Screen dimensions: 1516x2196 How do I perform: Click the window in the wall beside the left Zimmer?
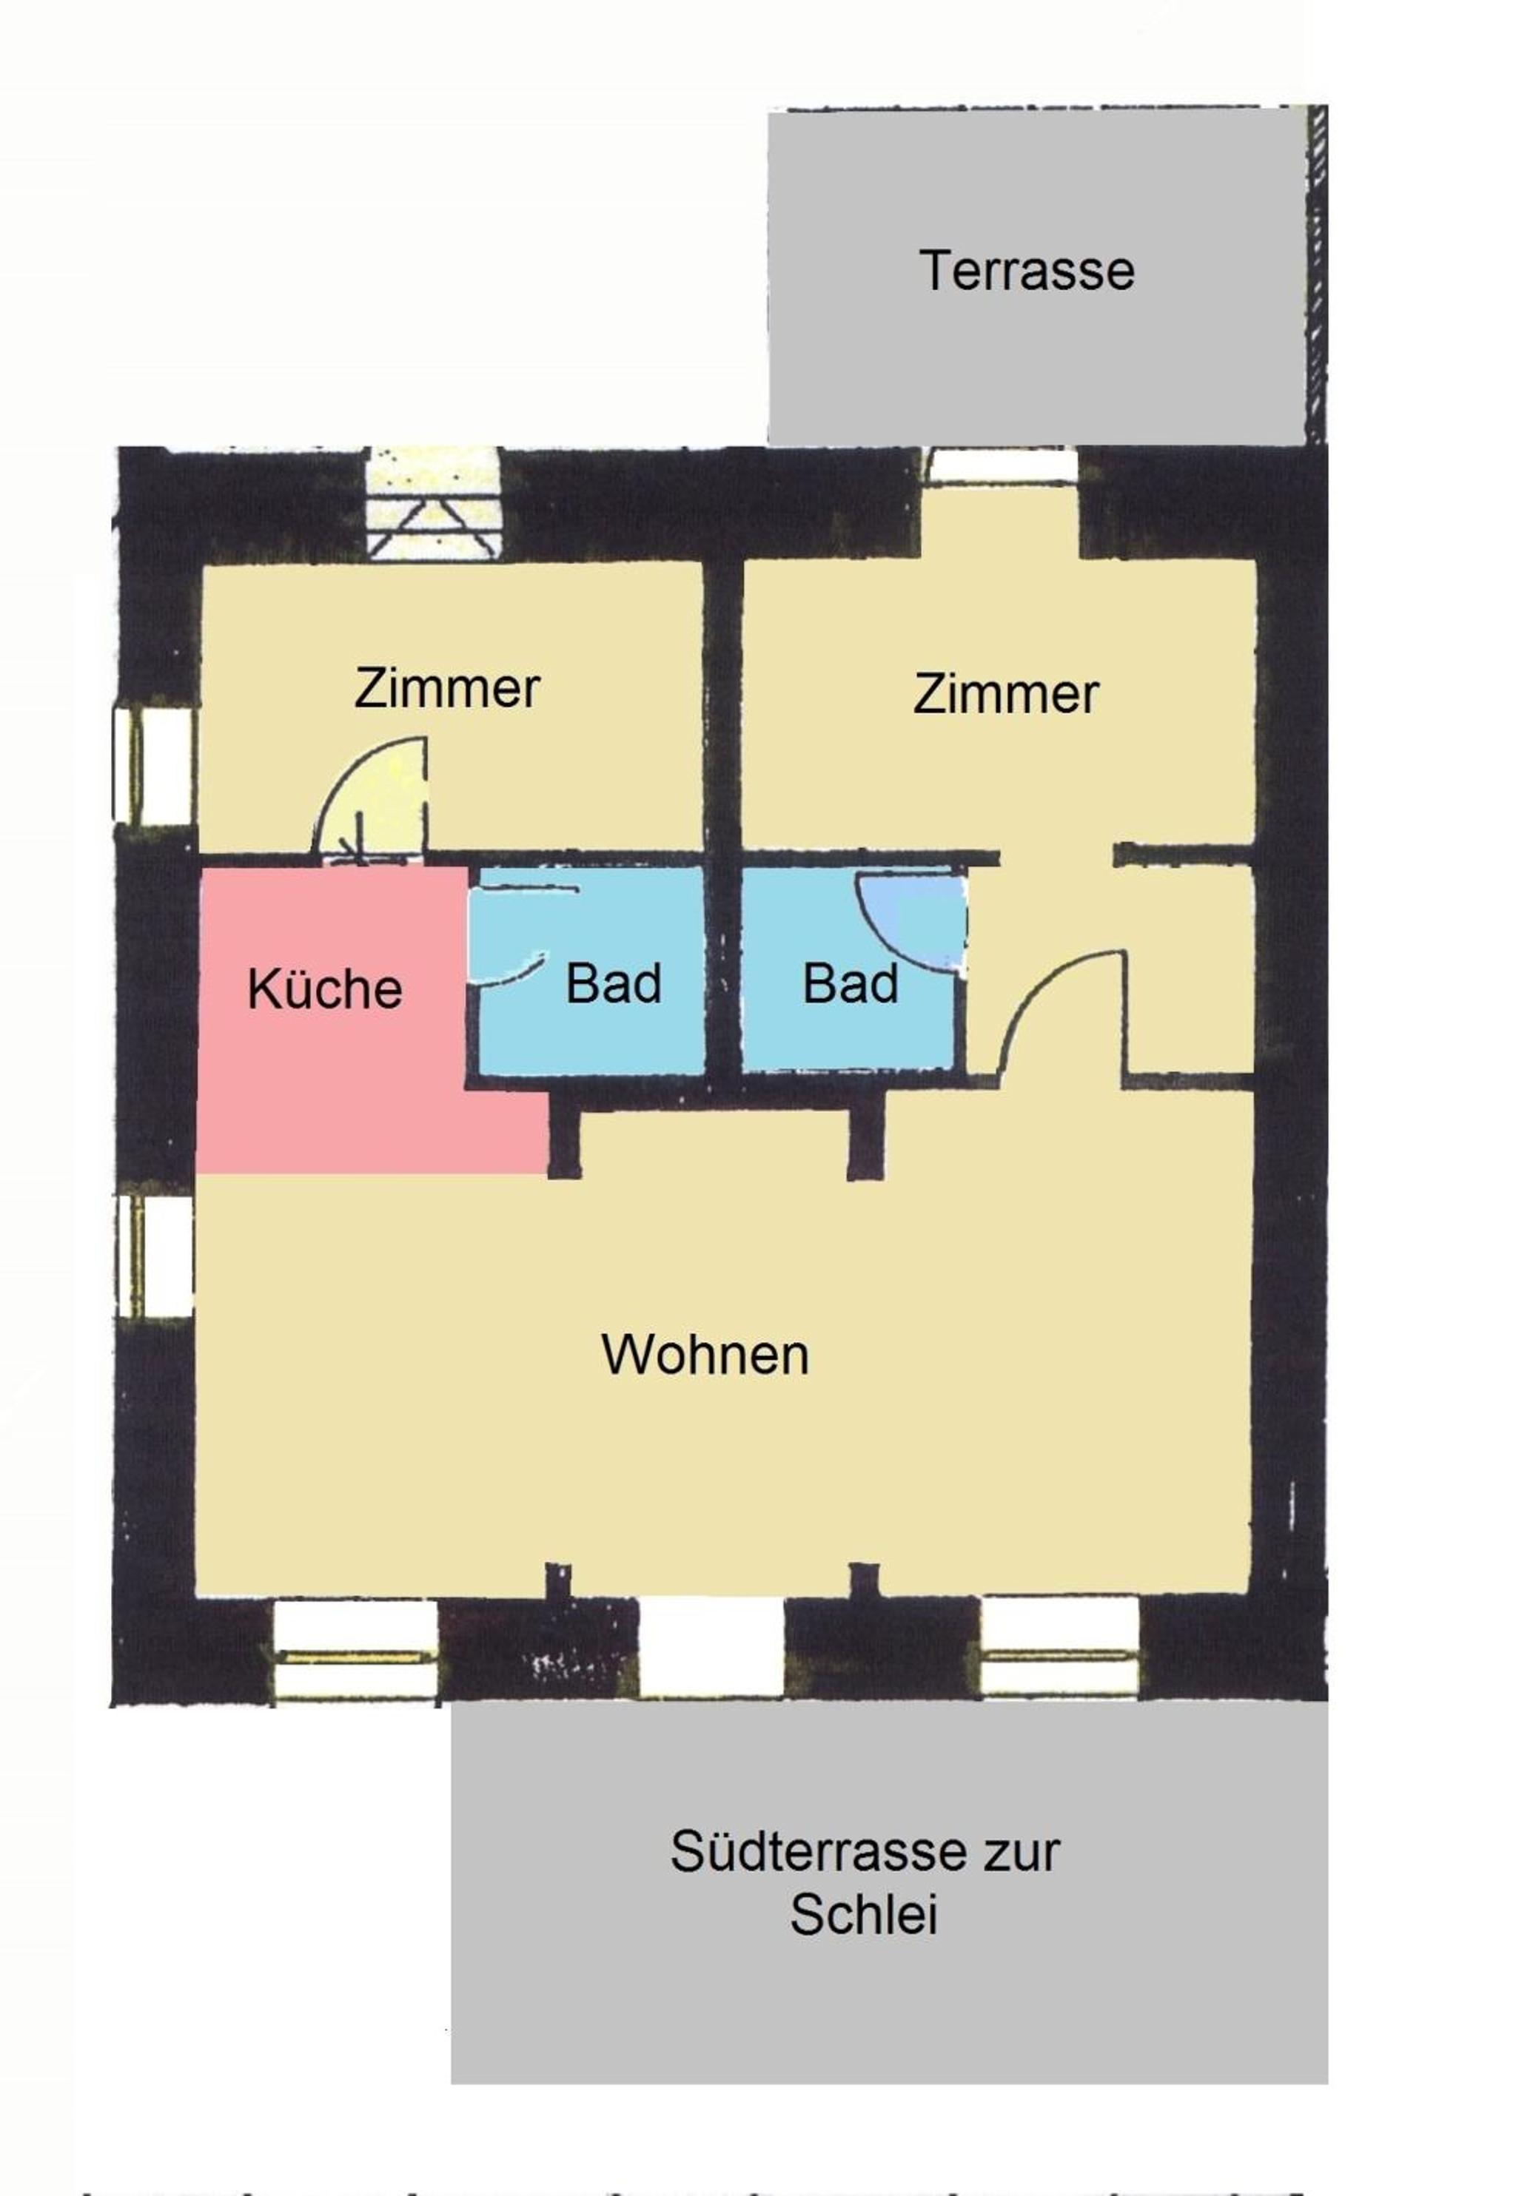tap(154, 767)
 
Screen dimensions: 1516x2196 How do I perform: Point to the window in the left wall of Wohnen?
tap(154, 1255)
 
